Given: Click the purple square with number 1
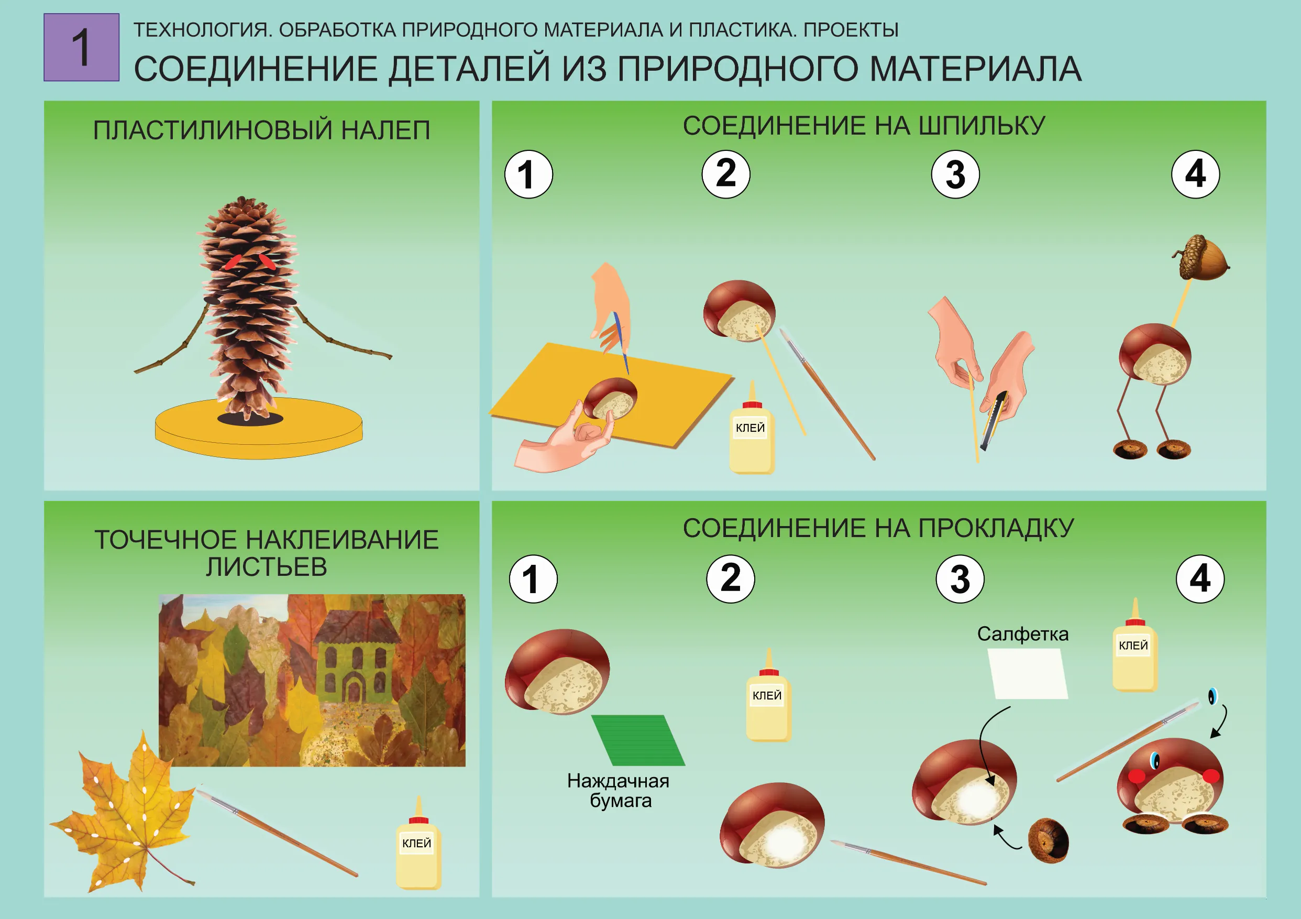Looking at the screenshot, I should click(x=81, y=47).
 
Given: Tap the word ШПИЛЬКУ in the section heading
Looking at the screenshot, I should click(x=981, y=125).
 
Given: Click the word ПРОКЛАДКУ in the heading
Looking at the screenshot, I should click(x=996, y=528).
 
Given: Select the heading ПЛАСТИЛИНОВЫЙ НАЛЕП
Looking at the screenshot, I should click(x=261, y=130).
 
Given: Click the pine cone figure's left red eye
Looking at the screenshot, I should click(x=233, y=262).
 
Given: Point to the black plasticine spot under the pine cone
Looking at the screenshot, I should click(x=250, y=419).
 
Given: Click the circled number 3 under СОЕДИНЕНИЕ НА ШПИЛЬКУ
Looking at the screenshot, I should click(x=955, y=174).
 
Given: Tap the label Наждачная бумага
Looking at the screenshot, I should click(x=619, y=790).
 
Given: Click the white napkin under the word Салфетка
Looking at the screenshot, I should click(x=1027, y=673).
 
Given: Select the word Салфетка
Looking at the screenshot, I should click(x=1022, y=634).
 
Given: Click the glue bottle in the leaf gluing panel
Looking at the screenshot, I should click(x=418, y=848).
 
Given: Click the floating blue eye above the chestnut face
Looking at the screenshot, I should click(x=1212, y=696).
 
